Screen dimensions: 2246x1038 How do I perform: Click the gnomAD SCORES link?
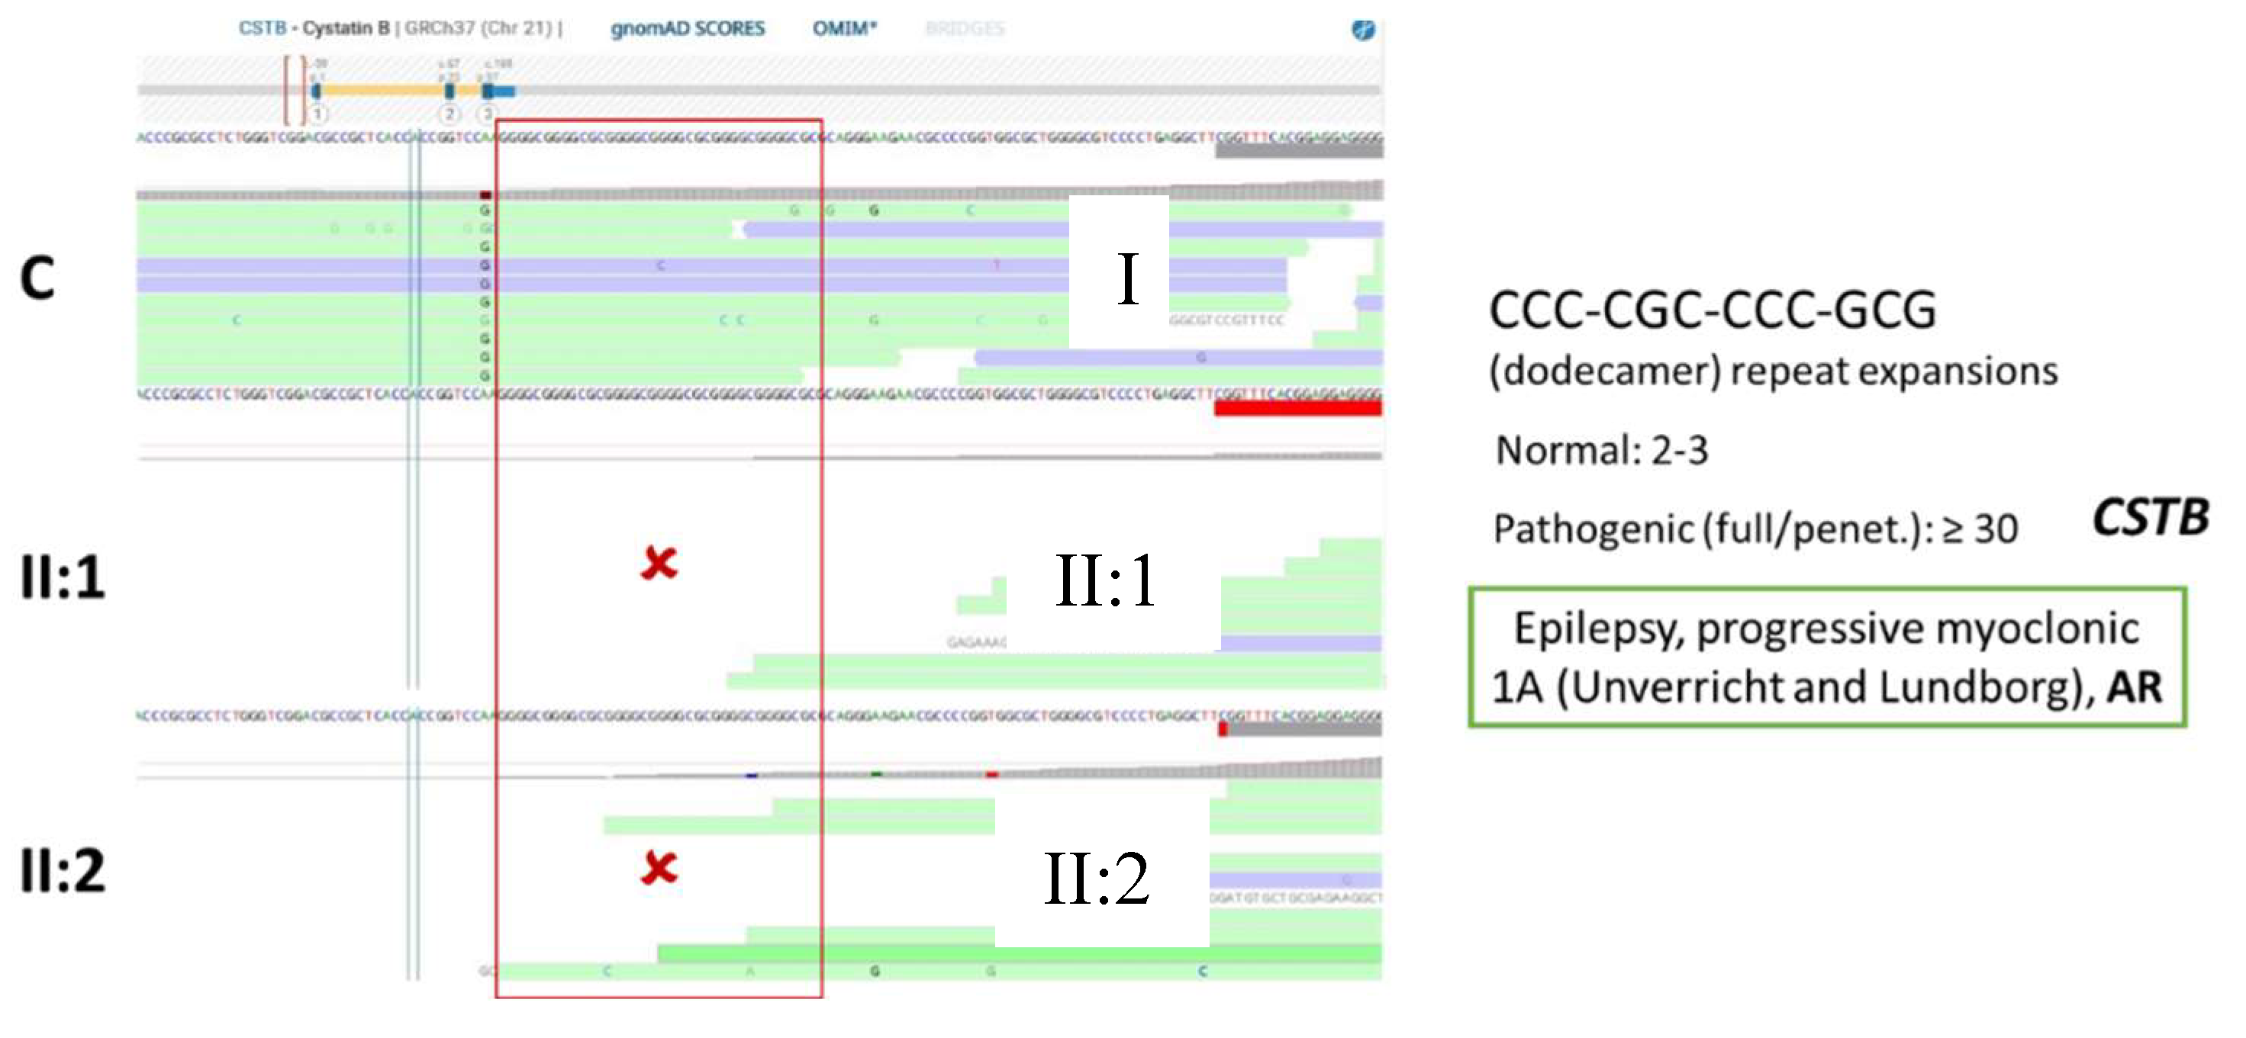tap(687, 29)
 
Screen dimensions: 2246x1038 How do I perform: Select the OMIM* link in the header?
tap(843, 29)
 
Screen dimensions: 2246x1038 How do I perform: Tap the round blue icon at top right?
tap(1363, 31)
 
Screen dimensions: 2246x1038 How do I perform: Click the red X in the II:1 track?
tap(659, 563)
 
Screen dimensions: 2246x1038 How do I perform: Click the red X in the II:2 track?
tap(659, 868)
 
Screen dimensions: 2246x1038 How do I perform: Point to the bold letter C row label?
tap(37, 278)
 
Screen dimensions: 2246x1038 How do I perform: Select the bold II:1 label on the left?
tap(62, 577)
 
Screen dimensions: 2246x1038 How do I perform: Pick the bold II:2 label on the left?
tap(62, 869)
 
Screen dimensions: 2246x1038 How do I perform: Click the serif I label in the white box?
tap(1127, 279)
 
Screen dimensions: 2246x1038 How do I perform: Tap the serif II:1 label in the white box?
tap(1105, 581)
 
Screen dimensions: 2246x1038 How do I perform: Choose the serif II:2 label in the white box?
tap(1096, 879)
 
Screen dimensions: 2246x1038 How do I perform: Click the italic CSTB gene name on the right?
tap(2150, 518)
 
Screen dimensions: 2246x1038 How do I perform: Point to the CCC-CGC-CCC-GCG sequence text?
tap(1712, 310)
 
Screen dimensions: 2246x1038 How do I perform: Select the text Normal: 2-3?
tap(1602, 451)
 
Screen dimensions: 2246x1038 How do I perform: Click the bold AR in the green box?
tap(2135, 688)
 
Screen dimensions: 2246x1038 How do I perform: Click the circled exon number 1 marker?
tap(318, 114)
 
